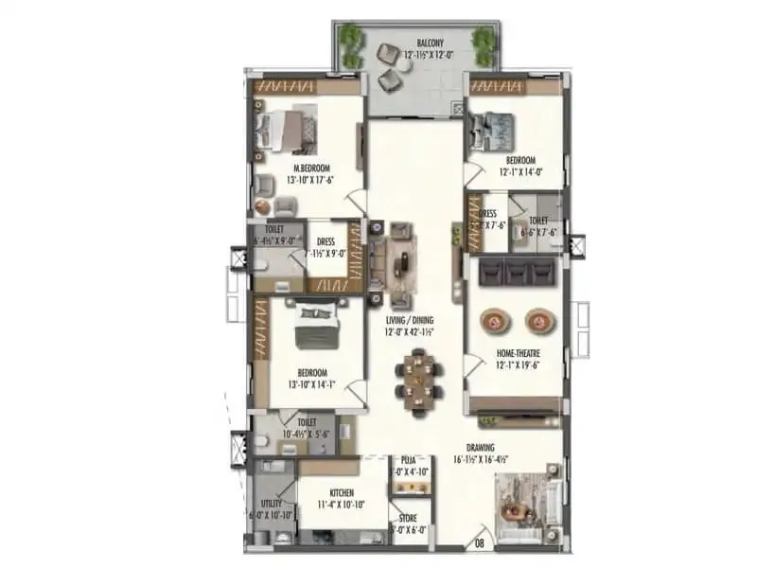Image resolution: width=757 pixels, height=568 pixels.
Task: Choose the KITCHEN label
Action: click(x=342, y=493)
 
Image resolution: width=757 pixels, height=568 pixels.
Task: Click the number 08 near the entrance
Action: click(x=480, y=543)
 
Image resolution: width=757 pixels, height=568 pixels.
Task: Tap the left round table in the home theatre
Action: click(x=498, y=322)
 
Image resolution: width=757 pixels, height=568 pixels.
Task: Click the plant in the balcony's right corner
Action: click(x=484, y=40)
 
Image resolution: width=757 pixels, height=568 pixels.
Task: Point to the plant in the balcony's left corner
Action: click(x=352, y=40)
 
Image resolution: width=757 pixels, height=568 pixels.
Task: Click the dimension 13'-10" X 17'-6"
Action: click(x=313, y=179)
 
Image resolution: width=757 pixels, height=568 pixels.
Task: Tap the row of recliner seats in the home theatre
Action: click(x=517, y=273)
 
